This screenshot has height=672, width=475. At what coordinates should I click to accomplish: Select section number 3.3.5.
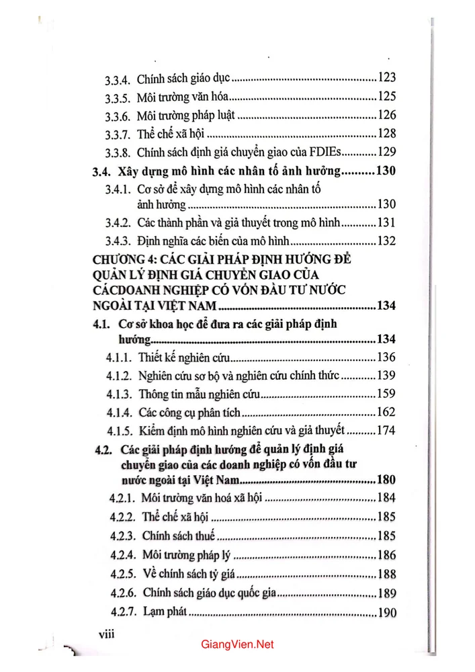click(x=121, y=96)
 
